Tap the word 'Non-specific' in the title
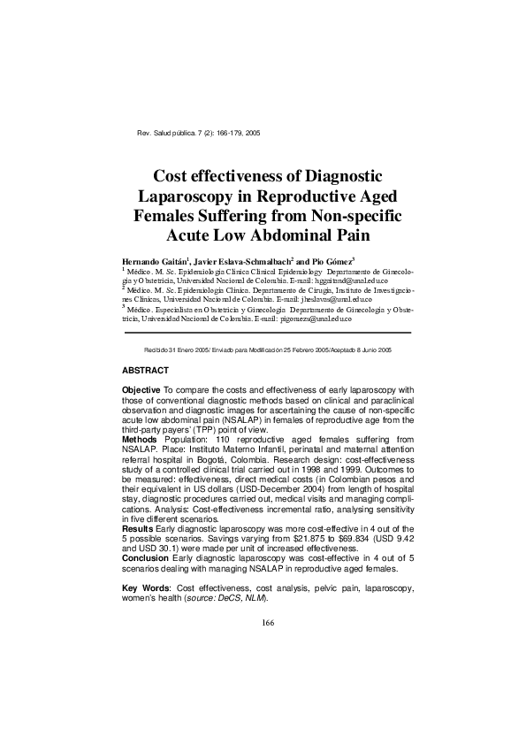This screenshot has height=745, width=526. coord(354,215)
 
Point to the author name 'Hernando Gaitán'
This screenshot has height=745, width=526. coord(153,263)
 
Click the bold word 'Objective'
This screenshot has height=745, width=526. coord(141,390)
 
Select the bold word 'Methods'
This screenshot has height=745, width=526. coord(139,439)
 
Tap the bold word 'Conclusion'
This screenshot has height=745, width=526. coord(144,557)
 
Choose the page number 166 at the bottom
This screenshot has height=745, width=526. coord(269,623)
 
